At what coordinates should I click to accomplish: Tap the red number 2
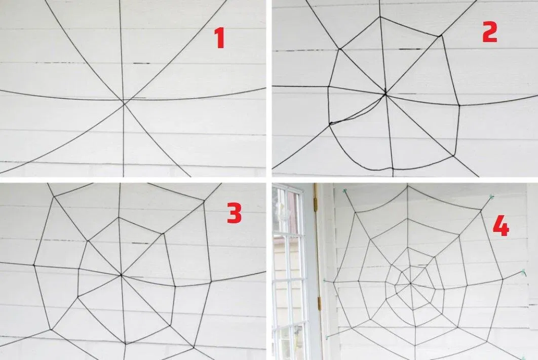point(490,32)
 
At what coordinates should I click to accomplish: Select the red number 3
point(235,213)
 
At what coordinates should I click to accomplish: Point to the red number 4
point(501,226)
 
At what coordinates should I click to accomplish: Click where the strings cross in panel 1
point(124,101)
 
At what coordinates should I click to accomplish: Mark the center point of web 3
point(121,274)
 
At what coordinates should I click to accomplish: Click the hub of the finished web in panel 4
point(410,283)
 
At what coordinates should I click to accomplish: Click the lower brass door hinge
point(320,304)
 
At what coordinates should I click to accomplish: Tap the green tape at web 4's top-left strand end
point(344,190)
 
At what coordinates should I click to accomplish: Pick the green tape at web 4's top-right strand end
point(491,197)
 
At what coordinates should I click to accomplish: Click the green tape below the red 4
point(523,272)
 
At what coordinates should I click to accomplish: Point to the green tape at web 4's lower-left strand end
point(327,338)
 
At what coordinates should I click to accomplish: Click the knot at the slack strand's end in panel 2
point(331,123)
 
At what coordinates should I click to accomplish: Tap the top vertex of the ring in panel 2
point(380,17)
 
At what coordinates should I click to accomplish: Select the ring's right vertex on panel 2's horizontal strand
point(459,105)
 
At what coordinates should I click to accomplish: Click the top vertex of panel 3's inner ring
point(120,217)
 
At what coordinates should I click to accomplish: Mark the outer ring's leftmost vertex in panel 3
point(34,265)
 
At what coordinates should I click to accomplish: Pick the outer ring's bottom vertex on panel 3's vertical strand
point(125,343)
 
